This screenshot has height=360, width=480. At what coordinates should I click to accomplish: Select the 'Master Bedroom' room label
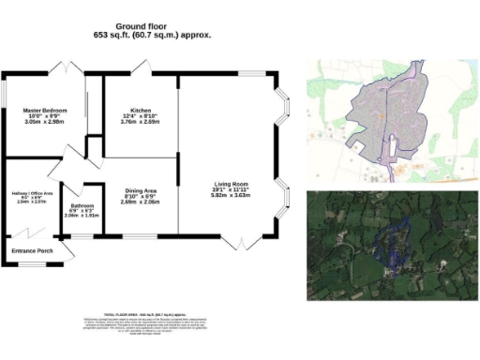(44, 111)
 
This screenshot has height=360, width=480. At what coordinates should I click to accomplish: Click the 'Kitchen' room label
(141, 111)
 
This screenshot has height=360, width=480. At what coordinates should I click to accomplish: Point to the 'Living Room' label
(230, 184)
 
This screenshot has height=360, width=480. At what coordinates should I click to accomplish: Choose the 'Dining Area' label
(141, 191)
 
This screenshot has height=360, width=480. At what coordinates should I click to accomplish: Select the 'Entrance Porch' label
(31, 250)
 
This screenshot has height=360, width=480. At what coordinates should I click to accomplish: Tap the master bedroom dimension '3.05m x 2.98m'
(44, 122)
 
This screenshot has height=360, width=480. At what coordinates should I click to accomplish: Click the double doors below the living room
(240, 244)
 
